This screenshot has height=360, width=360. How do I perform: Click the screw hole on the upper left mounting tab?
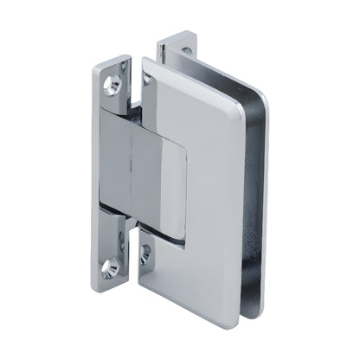(x=111, y=85)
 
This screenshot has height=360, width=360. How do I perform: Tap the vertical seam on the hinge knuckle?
(x=129, y=173)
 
